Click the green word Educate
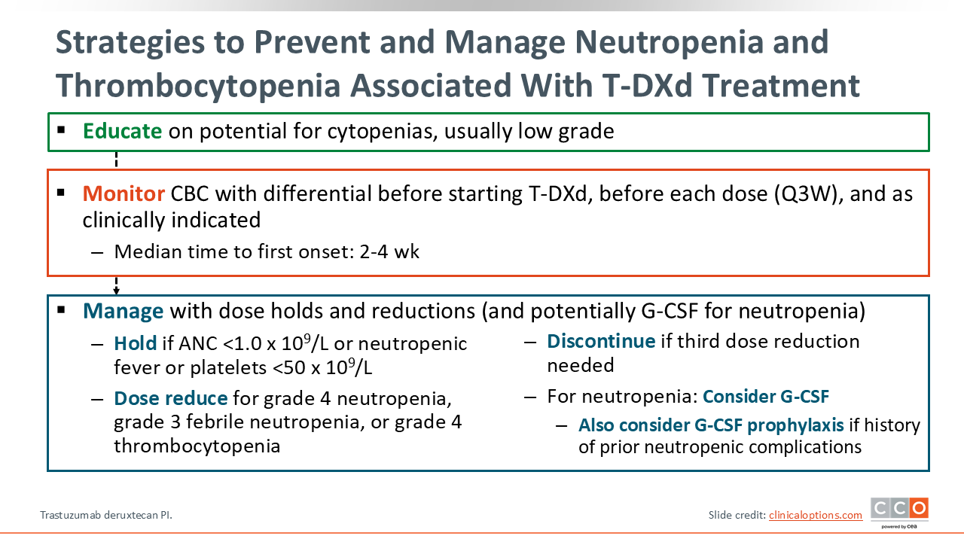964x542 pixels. tap(122, 131)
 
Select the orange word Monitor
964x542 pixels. tap(124, 193)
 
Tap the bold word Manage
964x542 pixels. tap(123, 311)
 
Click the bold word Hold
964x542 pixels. tap(135, 343)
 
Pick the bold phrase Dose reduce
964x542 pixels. tap(170, 398)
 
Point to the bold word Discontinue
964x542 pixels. tap(601, 341)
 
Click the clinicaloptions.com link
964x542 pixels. tap(816, 516)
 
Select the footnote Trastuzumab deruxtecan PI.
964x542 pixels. tap(106, 515)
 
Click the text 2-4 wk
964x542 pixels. tap(389, 251)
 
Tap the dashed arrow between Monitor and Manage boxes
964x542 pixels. tap(116, 285)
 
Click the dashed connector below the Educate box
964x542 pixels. tap(116, 160)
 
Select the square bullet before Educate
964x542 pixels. tap(61, 129)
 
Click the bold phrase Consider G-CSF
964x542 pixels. tap(766, 397)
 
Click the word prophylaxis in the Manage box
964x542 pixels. tap(795, 425)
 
